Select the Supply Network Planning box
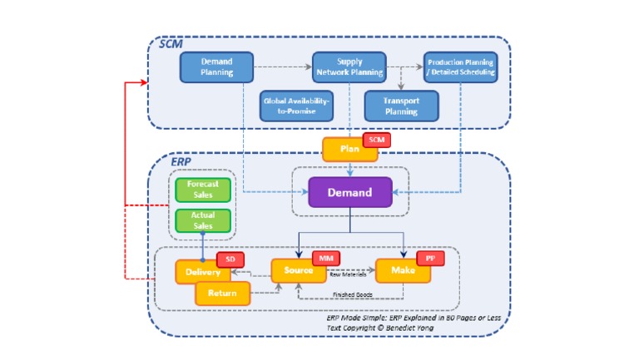point(349,67)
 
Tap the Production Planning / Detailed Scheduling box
point(460,67)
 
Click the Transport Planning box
point(401,106)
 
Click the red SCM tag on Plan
point(378,141)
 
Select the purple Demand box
point(349,192)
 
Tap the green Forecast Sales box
point(203,190)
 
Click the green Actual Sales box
point(203,220)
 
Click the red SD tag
point(230,259)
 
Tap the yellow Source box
point(298,271)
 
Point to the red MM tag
point(325,259)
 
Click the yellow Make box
point(404,271)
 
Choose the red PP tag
point(430,259)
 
